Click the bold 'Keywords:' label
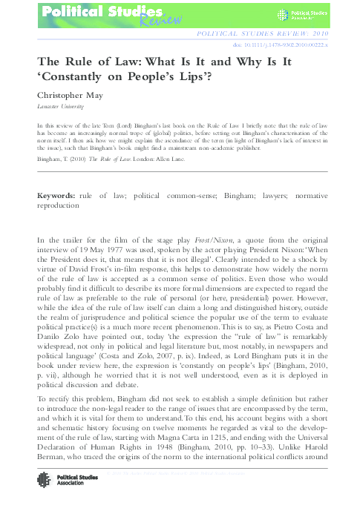click(55, 194)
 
